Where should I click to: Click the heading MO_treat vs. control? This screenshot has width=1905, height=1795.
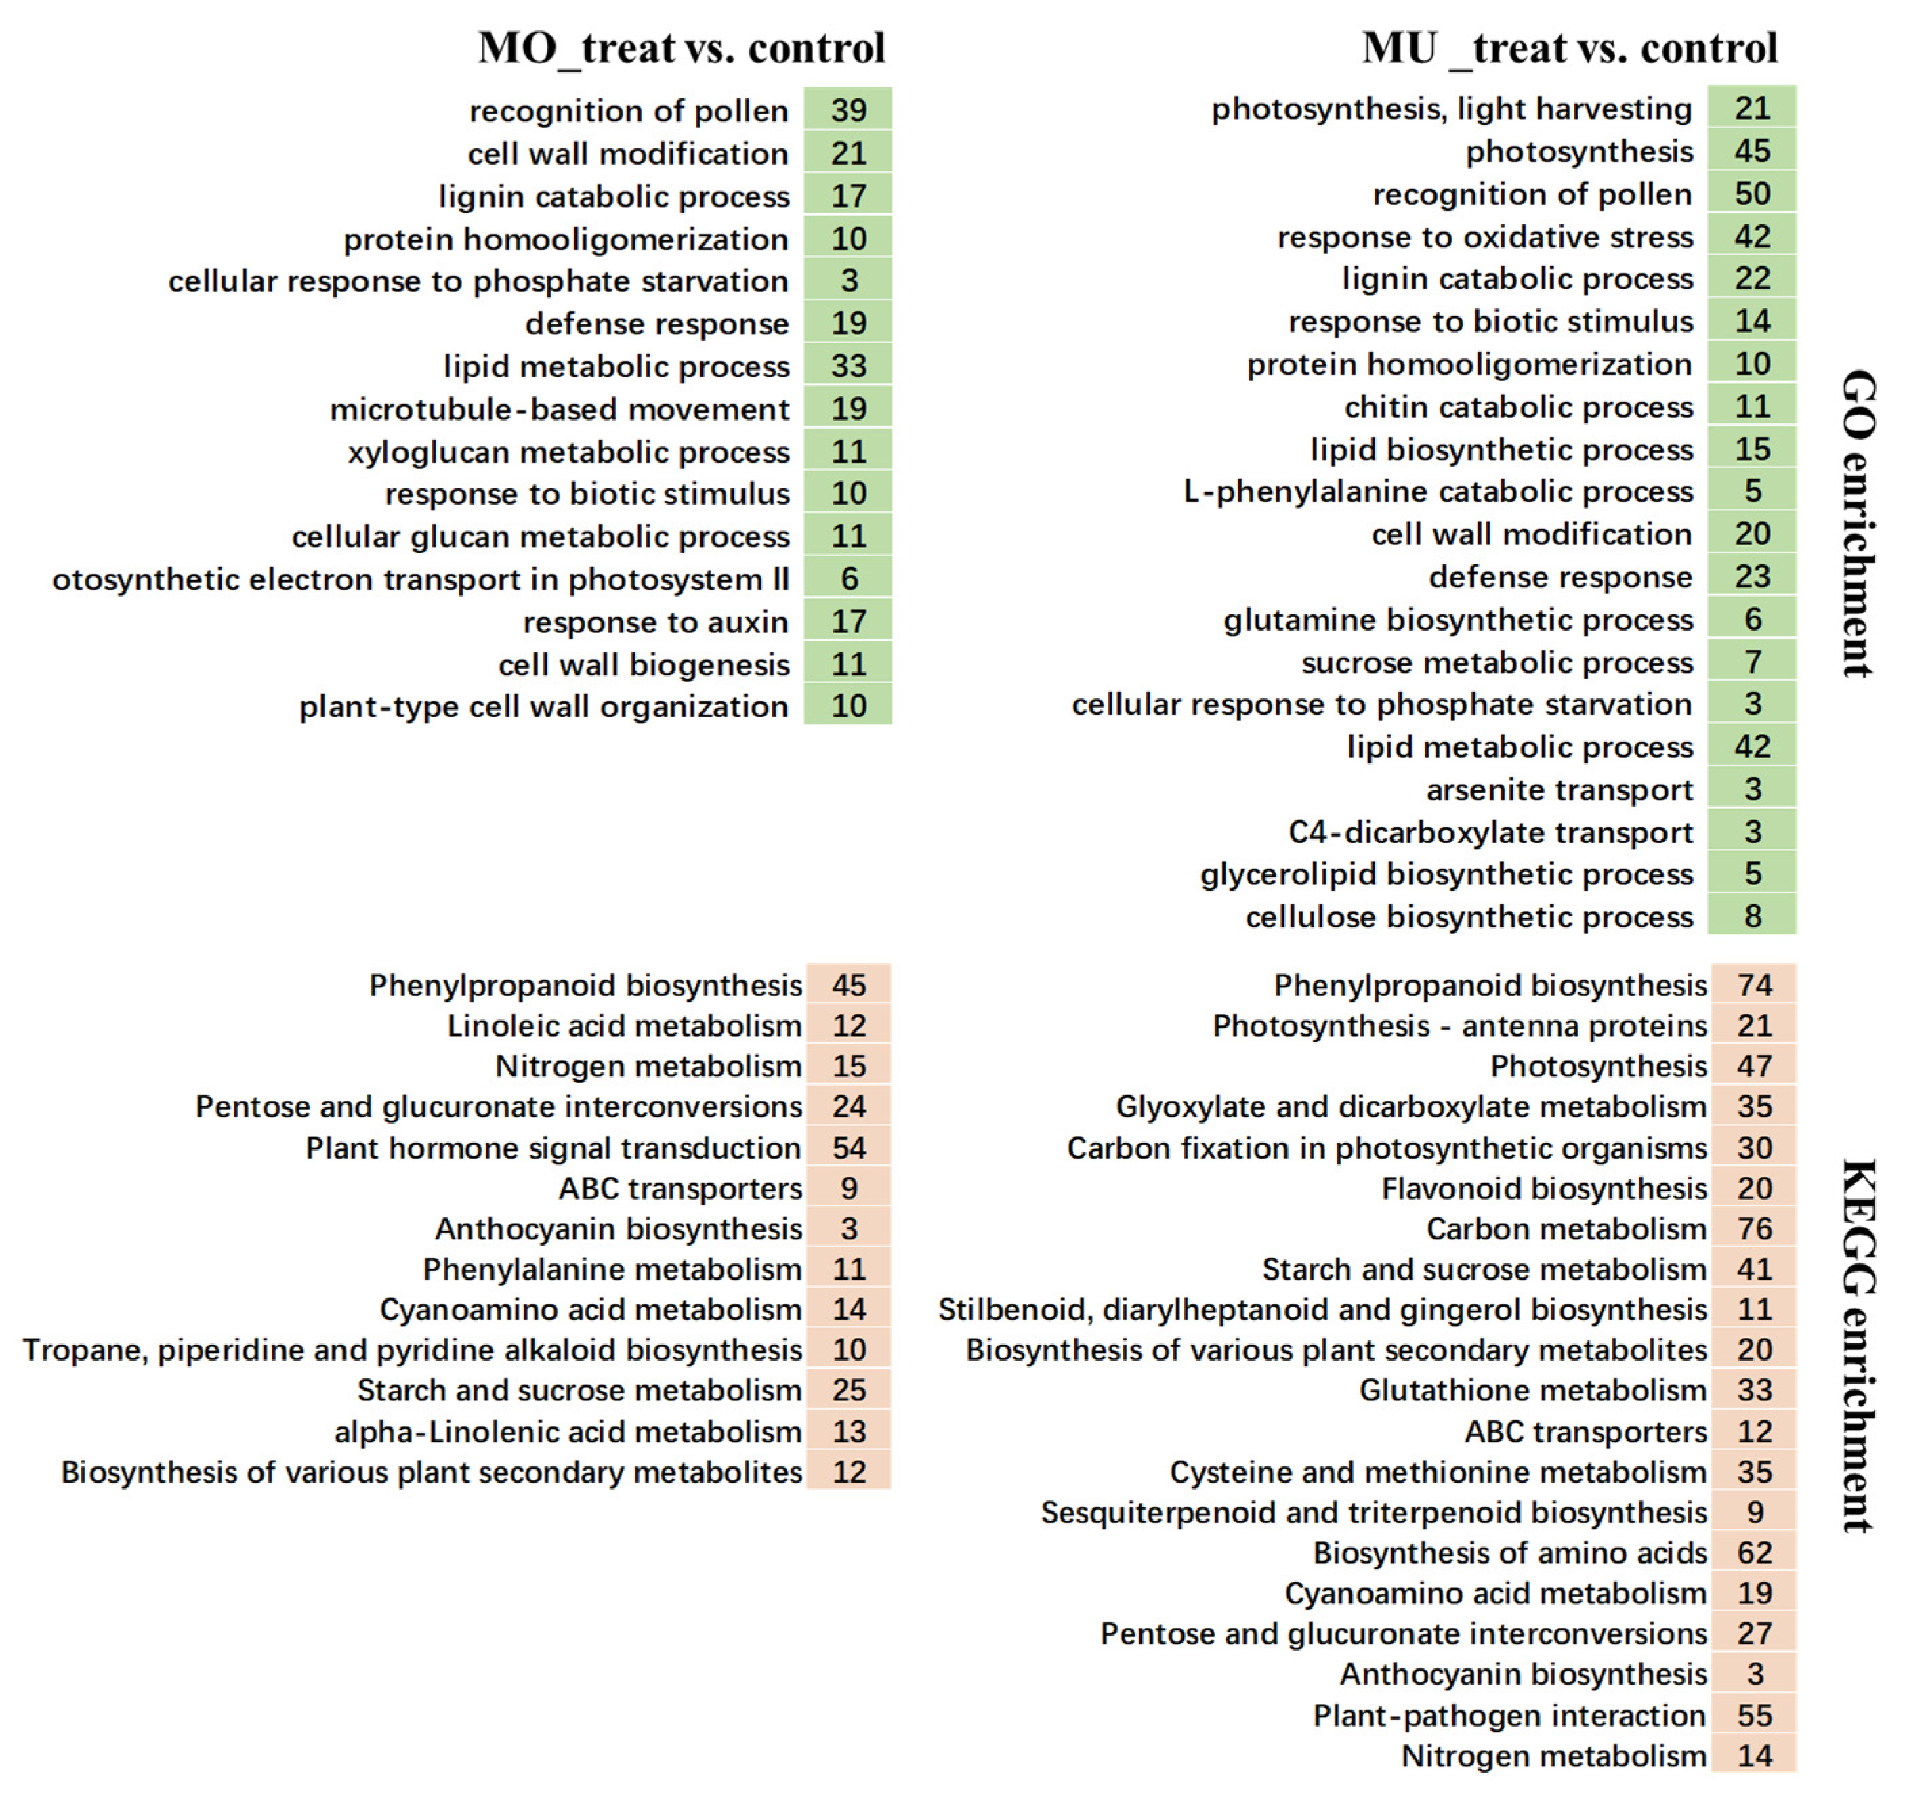(682, 48)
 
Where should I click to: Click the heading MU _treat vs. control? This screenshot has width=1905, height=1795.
(1569, 48)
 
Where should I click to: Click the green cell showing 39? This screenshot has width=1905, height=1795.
(848, 110)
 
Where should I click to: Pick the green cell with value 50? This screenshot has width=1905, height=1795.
(1752, 194)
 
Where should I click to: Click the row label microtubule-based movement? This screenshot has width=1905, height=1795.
(560, 409)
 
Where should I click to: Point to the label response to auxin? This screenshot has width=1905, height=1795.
(656, 622)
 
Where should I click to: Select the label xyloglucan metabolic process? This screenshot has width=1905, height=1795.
(569, 451)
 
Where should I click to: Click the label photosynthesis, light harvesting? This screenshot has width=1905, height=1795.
(1452, 108)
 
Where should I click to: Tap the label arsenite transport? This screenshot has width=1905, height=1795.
(1559, 790)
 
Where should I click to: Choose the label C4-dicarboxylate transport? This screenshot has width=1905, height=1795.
(1490, 832)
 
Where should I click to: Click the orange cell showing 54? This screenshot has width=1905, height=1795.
(848, 1147)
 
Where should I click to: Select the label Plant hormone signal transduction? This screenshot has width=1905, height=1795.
(553, 1147)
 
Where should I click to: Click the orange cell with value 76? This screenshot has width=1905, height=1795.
(1754, 1229)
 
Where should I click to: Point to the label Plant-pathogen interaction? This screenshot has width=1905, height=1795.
(1509, 1716)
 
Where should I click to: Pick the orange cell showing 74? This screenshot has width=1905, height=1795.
(1754, 985)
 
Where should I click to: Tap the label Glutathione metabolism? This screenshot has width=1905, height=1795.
(1532, 1390)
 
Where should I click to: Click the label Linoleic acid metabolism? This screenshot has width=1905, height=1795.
(624, 1026)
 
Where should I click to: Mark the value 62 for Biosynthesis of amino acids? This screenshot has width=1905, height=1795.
(1754, 1553)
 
